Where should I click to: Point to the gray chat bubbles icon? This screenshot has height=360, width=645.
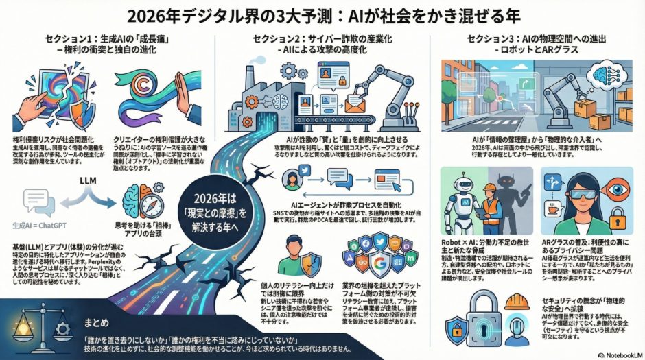[38, 201]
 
